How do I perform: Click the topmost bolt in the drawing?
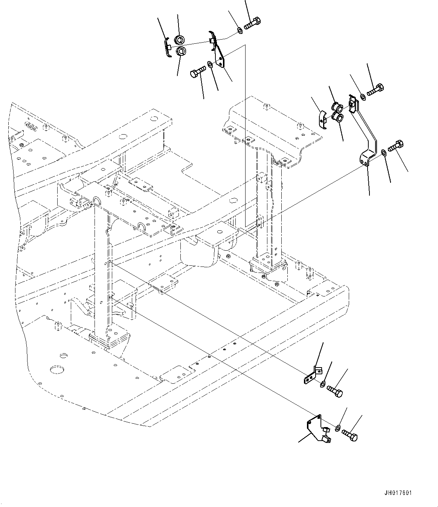(x=252, y=23)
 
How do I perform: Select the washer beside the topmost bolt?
(x=240, y=29)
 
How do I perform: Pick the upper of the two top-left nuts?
(x=180, y=39)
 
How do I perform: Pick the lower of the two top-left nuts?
(x=182, y=51)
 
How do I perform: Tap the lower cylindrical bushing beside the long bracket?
(x=339, y=118)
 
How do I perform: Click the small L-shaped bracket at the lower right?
(x=312, y=377)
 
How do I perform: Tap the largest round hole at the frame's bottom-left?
(x=56, y=369)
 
